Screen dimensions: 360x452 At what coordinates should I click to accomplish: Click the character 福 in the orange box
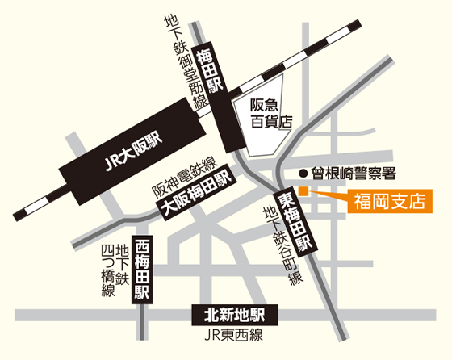359,200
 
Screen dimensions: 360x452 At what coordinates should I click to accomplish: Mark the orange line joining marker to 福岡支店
328,195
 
